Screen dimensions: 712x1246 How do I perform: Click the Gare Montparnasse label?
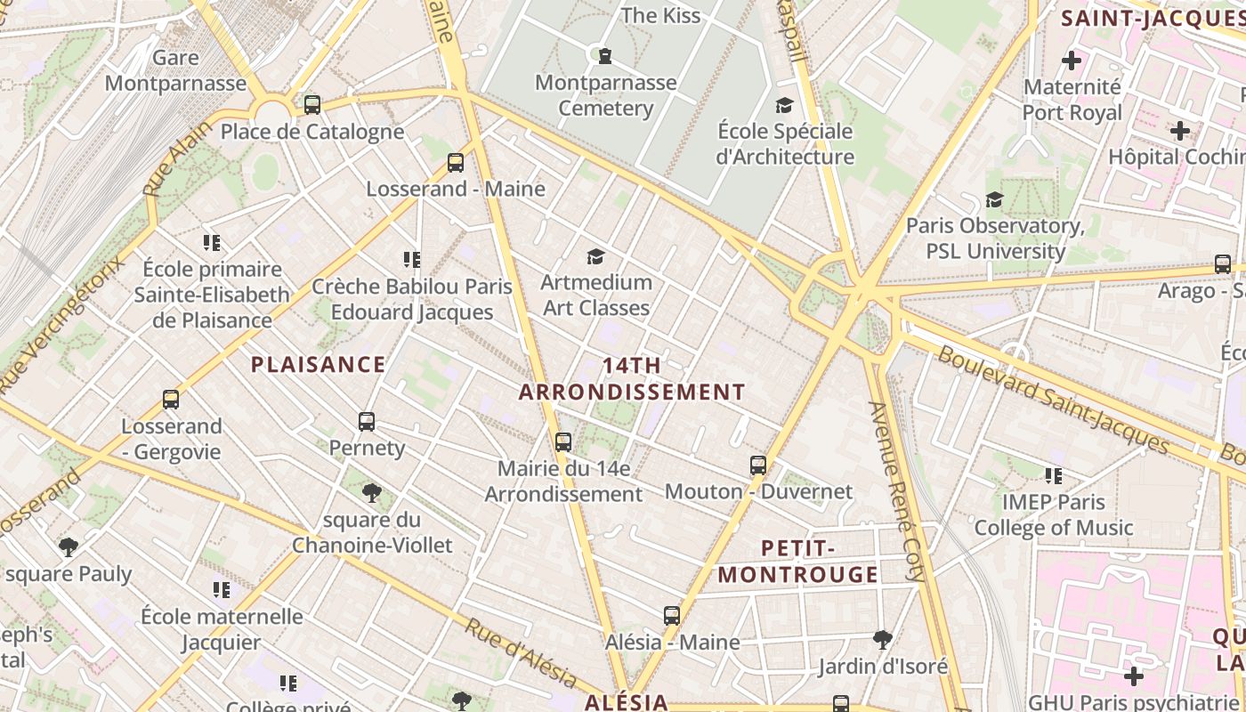tap(175, 71)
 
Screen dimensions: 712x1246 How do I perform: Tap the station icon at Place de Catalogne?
tap(311, 104)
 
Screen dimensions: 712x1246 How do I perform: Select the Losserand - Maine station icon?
tap(456, 162)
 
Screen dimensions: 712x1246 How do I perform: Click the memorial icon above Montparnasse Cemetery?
tap(605, 56)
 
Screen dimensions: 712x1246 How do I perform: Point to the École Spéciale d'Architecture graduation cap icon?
tap(784, 106)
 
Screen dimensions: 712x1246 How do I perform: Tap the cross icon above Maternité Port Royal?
tap(1072, 61)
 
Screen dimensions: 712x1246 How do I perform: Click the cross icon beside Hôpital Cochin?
tap(1180, 131)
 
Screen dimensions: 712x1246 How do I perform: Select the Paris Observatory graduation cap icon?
tap(994, 200)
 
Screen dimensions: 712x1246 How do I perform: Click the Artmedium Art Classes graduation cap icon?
tap(596, 257)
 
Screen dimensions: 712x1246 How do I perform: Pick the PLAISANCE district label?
tap(319, 364)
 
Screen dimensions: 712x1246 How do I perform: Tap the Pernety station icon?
tap(367, 422)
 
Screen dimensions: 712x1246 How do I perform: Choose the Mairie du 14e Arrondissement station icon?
tap(562, 441)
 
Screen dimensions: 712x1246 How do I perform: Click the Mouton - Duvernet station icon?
tap(758, 465)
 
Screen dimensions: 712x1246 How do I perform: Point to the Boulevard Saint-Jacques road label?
tap(1053, 400)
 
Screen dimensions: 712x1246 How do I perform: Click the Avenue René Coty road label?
tap(898, 491)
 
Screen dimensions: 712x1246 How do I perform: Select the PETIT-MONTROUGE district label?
tap(798, 562)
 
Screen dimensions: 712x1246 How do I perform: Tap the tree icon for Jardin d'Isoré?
tap(883, 639)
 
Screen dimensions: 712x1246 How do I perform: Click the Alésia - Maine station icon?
tap(672, 616)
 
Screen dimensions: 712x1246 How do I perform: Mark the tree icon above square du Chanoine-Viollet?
tap(372, 492)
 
